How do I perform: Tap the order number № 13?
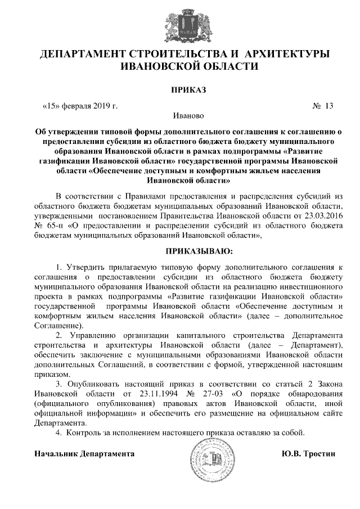323,106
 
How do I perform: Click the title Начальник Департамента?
84,453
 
